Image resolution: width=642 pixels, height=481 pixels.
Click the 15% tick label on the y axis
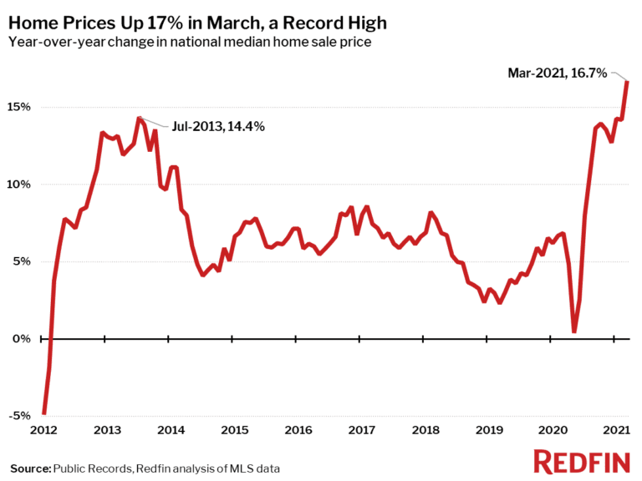[20, 107]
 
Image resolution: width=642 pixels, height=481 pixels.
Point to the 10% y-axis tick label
[20, 184]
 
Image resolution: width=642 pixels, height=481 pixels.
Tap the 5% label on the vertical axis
[23, 261]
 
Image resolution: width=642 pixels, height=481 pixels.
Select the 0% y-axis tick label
[23, 339]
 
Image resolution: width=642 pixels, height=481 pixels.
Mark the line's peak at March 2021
[628, 81]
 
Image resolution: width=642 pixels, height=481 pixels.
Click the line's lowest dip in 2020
[574, 332]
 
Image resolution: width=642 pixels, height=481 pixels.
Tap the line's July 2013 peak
[139, 118]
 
